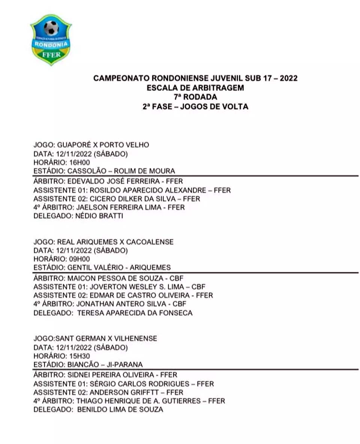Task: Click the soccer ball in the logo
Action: (51, 28)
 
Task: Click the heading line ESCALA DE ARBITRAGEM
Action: (195, 88)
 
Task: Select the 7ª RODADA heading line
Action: (195, 97)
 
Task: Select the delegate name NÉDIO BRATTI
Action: (99, 216)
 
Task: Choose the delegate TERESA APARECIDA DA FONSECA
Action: (135, 312)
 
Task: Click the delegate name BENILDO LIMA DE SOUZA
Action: (120, 409)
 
